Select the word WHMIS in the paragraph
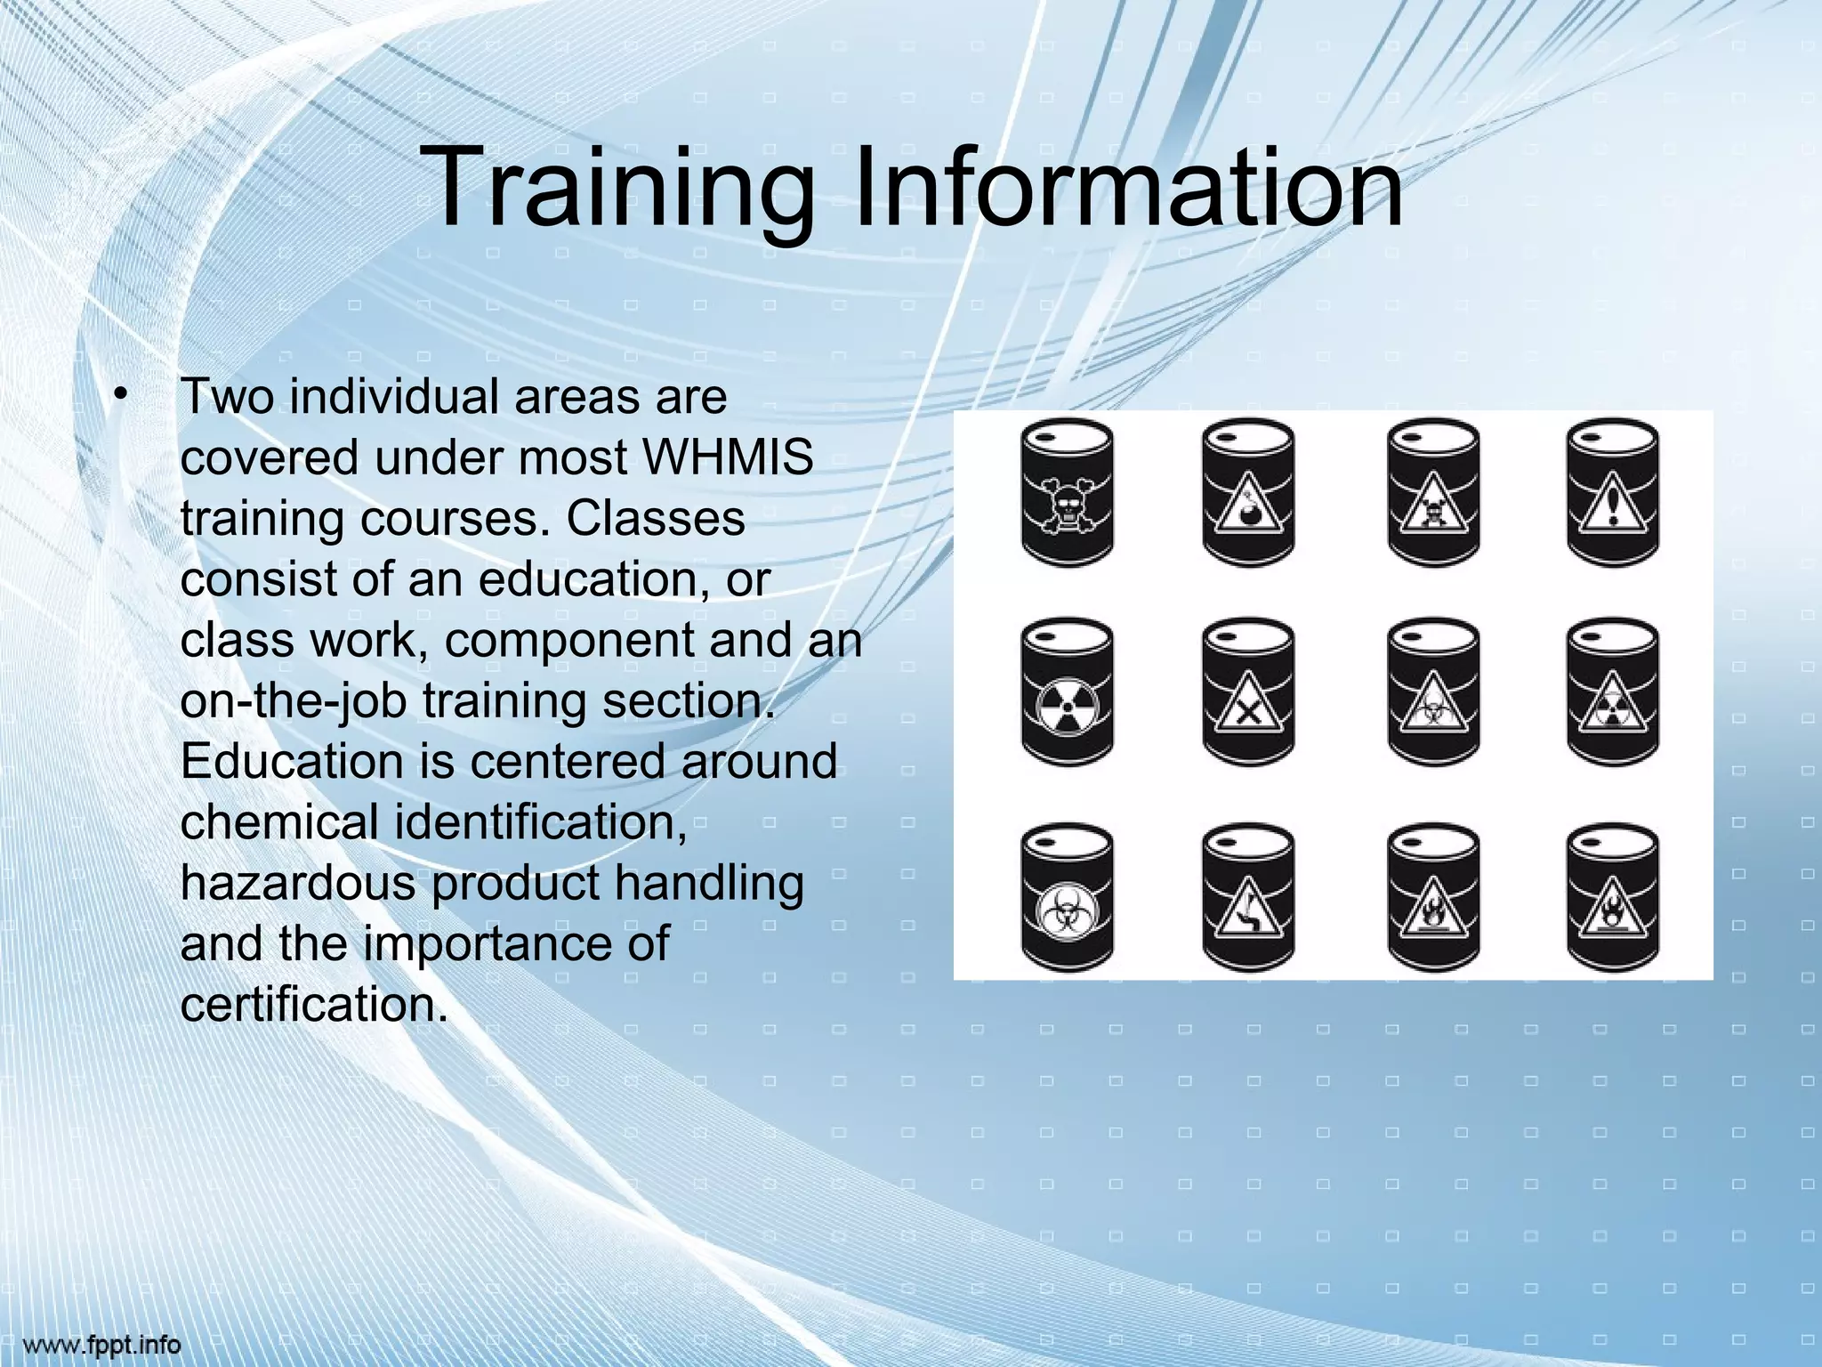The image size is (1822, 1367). click(727, 457)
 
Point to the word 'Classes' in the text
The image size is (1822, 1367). click(656, 518)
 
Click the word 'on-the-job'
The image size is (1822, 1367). click(293, 700)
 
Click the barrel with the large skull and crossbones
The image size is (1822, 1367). click(1068, 491)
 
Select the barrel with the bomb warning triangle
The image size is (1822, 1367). click(1247, 491)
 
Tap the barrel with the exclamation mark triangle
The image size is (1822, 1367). click(1612, 491)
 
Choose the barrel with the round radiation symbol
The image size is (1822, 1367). click(1068, 692)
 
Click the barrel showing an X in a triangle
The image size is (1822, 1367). click(1247, 692)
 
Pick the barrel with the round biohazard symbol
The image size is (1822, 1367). click(1068, 896)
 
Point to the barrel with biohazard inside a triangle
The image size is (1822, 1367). click(1433, 692)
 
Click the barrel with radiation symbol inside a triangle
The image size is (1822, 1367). click(1612, 692)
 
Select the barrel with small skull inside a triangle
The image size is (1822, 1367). click(1433, 491)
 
